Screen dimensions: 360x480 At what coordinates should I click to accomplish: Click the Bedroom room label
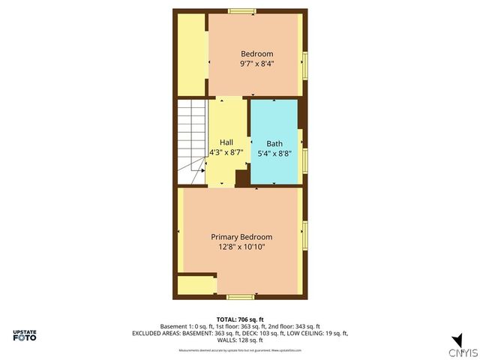256,53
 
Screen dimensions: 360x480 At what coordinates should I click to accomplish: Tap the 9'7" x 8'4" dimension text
256,64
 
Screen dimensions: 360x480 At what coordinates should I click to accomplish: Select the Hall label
226,142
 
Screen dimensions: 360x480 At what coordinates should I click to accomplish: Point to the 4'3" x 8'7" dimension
226,152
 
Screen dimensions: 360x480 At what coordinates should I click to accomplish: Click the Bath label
274,142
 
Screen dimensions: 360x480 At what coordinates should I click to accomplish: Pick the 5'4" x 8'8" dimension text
274,153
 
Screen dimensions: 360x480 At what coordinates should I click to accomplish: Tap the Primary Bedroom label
241,237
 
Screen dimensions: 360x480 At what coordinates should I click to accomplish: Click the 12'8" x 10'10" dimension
241,247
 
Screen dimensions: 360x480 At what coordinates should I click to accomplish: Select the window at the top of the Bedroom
241,11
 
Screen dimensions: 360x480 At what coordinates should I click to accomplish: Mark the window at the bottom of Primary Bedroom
241,297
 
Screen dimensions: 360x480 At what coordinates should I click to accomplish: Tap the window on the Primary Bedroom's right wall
305,235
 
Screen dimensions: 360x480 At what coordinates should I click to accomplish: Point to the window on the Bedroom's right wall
305,64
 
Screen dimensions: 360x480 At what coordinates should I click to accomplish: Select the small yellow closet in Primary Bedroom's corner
196,284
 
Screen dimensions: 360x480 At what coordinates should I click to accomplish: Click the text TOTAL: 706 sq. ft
239,319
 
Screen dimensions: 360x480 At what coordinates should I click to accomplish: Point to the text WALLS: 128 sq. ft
239,340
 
